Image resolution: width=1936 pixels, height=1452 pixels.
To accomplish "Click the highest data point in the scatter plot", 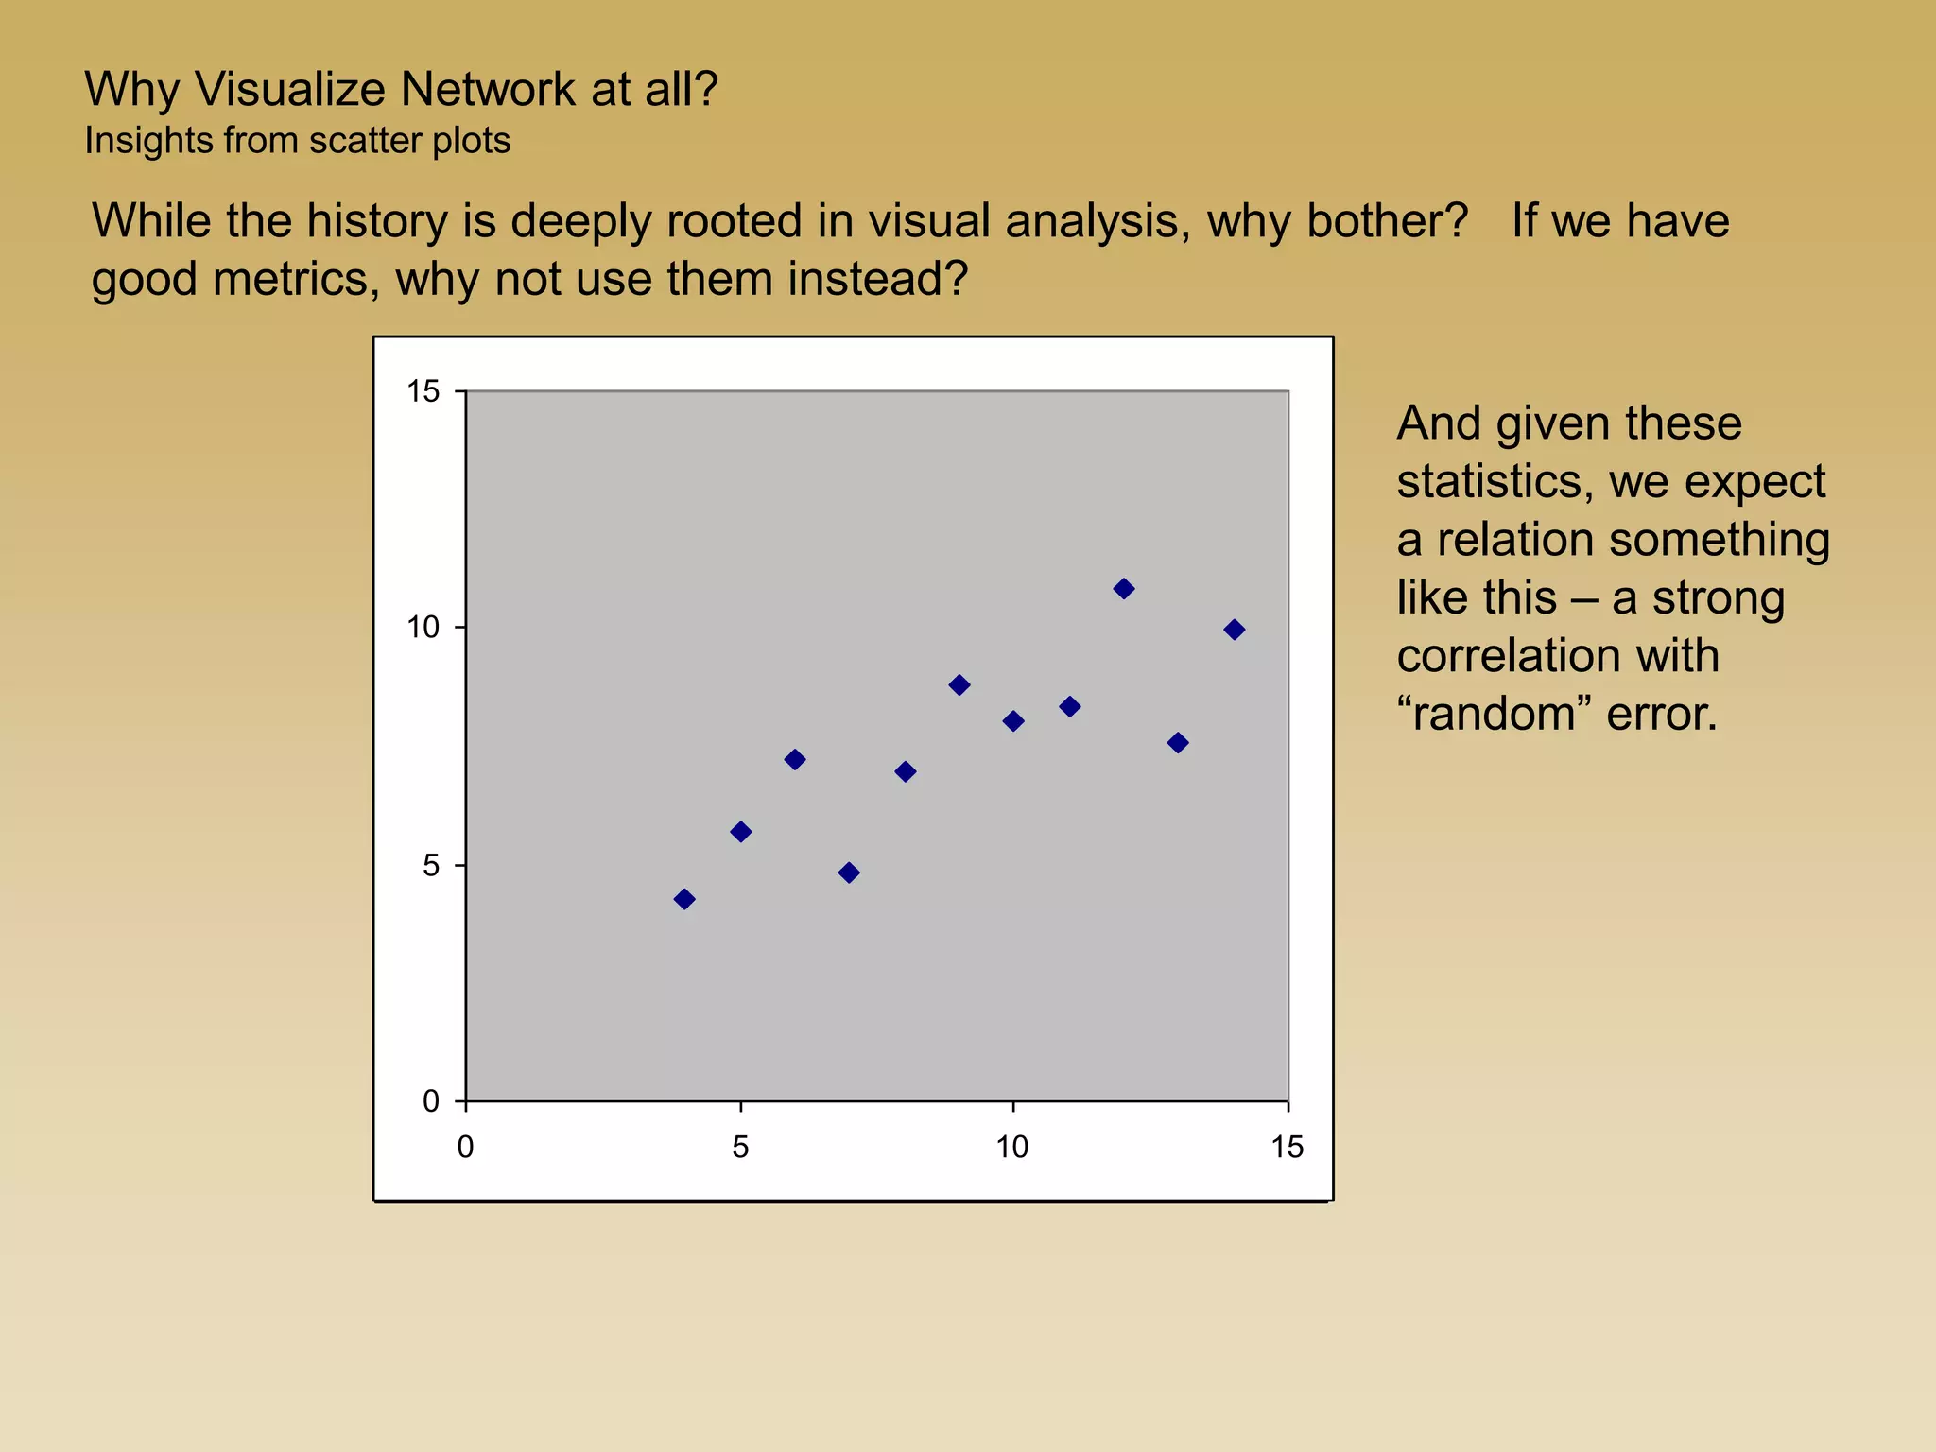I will pos(1123,589).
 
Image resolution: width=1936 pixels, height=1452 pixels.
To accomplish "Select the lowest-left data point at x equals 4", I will pos(684,899).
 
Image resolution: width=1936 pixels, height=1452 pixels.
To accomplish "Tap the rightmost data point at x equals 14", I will pos(1234,630).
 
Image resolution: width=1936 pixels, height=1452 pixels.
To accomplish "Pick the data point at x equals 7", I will pos(849,873).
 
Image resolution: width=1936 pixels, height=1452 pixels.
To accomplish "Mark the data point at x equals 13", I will pos(1178,743).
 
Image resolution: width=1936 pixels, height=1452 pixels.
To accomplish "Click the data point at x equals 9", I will pos(959,685).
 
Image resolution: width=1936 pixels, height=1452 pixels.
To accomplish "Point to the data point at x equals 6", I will pos(795,760).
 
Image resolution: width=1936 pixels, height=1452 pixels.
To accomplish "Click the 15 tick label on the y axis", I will pos(423,391).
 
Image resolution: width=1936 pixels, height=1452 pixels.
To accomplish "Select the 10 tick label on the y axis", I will pos(423,628).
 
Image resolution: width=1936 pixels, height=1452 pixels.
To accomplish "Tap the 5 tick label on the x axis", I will pos(740,1148).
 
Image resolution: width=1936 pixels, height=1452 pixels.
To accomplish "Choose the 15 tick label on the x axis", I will pos(1287,1148).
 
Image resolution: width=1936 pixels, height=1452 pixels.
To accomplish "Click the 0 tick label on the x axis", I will pos(465,1148).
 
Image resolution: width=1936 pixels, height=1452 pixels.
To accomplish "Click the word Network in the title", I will pos(488,90).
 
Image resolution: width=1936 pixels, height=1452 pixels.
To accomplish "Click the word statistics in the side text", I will pos(1489,481).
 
